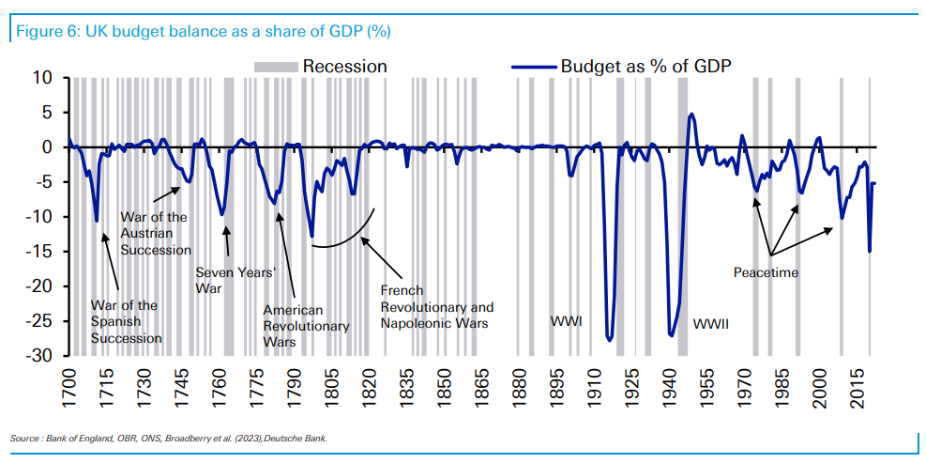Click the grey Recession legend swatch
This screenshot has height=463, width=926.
point(276,66)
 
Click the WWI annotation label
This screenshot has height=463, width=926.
point(567,322)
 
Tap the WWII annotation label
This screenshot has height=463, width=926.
point(711,324)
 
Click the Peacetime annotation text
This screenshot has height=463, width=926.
point(766,272)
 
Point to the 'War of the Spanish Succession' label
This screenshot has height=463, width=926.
point(125,321)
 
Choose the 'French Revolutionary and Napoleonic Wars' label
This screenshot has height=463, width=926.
point(436,307)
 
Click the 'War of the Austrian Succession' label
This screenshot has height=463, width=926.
point(156,233)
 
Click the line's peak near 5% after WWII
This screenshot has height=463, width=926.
point(691,115)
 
